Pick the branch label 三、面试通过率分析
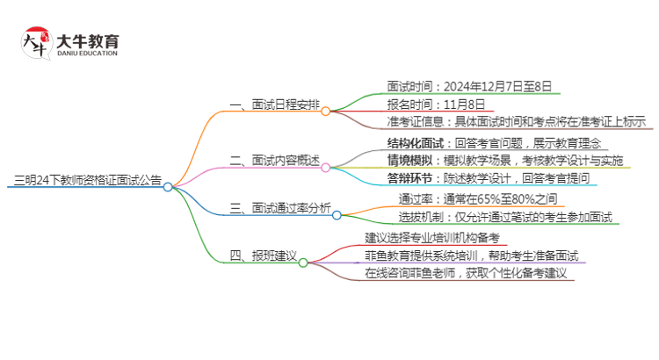coord(279,209)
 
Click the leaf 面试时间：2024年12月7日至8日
coord(469,87)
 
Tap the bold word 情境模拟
coord(409,161)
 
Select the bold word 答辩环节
coord(409,178)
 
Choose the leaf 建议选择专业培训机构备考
coord(431,238)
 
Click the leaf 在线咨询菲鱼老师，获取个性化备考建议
coord(468,273)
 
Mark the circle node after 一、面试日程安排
coord(326,111)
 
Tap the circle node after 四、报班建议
coord(303,261)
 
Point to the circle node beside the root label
coord(168,187)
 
